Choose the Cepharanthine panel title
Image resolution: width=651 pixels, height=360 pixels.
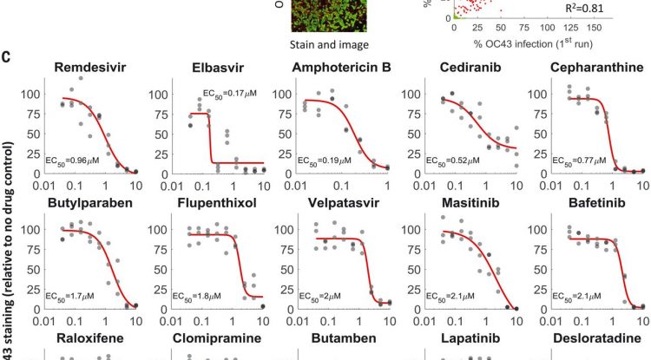[x=594, y=69]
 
